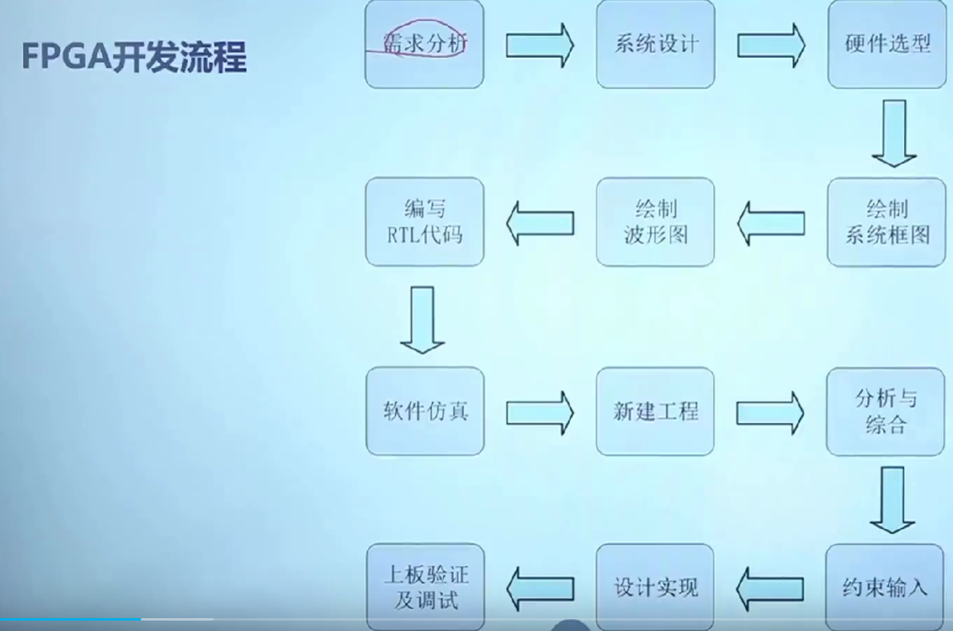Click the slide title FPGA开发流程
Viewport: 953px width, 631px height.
coord(133,57)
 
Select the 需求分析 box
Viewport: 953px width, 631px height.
coord(424,44)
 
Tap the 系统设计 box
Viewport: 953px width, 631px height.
coord(655,44)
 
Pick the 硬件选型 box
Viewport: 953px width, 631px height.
coord(886,44)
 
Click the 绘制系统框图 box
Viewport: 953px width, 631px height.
coord(886,222)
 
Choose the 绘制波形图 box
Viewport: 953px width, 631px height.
coord(655,222)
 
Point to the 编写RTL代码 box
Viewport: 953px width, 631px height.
coord(424,222)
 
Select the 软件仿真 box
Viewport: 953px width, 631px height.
coord(425,411)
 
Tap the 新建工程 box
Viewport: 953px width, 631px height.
coord(655,411)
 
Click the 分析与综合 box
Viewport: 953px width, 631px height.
coord(886,411)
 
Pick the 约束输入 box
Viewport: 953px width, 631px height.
coord(886,588)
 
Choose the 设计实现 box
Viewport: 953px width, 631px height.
coord(655,588)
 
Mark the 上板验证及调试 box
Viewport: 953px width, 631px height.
coord(425,588)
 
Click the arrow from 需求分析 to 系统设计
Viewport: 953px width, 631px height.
coord(540,45)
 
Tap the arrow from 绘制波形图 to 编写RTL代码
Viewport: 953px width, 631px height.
coord(540,222)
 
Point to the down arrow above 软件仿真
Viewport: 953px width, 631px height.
coord(422,320)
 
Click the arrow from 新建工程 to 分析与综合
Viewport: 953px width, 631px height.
coord(771,412)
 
